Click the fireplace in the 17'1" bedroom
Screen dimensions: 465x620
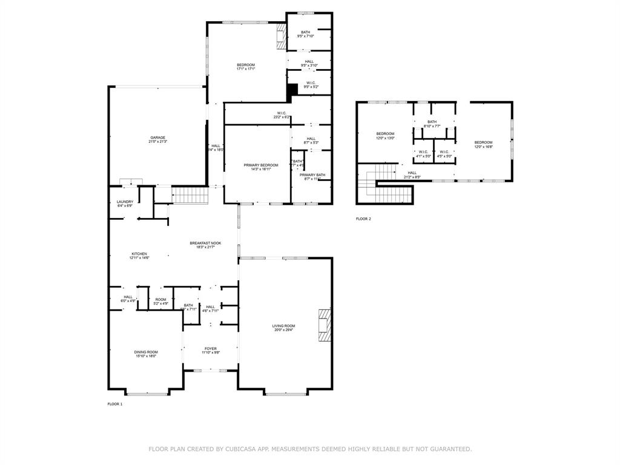[x=280, y=36]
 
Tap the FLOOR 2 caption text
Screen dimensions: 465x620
[x=363, y=219]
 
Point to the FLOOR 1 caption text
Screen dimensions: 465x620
[x=115, y=404]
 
